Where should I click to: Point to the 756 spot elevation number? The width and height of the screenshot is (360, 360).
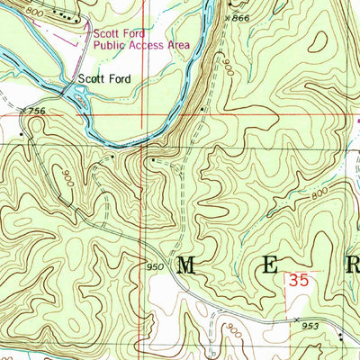click(35, 111)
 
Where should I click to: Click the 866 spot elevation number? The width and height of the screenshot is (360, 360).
click(238, 18)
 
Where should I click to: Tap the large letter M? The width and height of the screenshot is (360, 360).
click(190, 265)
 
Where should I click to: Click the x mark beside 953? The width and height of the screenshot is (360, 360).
click(295, 319)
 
